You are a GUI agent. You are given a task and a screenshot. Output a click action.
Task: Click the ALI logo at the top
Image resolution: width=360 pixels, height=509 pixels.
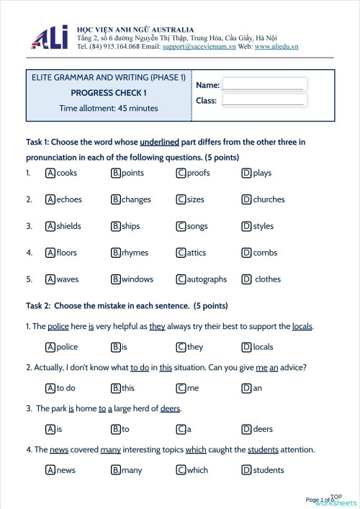[50, 37]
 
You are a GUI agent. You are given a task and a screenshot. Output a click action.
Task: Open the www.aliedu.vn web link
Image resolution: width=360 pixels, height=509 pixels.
[276, 46]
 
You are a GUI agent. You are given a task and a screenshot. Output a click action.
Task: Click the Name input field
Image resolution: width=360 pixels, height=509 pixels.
[264, 84]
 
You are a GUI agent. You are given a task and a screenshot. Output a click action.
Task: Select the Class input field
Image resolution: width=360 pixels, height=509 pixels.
[264, 100]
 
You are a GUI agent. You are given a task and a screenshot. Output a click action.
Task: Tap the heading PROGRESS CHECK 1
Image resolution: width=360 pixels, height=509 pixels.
[109, 92]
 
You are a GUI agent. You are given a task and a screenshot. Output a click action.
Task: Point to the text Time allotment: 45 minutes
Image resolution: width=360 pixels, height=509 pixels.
[109, 108]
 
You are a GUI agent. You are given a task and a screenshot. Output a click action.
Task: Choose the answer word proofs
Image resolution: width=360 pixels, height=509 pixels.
[198, 173]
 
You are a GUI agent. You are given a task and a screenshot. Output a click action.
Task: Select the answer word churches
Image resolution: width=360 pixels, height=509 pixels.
[269, 199]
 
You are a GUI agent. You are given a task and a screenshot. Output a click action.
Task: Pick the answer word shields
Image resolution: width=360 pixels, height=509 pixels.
[68, 226]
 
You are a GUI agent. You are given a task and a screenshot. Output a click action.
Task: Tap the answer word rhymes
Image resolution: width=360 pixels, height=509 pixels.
[135, 253]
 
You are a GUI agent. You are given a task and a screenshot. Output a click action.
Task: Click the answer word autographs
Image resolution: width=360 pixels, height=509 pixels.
[207, 279]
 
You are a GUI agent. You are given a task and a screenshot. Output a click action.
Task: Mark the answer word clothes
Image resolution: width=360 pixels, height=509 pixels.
[268, 279]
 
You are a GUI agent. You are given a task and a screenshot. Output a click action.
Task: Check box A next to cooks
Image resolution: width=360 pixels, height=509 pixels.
[50, 173]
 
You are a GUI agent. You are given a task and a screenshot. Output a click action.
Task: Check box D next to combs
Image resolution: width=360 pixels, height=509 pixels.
[246, 253]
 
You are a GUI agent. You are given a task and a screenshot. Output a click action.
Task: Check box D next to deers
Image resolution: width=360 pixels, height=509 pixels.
[246, 429]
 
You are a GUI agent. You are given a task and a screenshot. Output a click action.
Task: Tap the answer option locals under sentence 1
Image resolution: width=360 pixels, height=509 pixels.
[264, 347]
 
